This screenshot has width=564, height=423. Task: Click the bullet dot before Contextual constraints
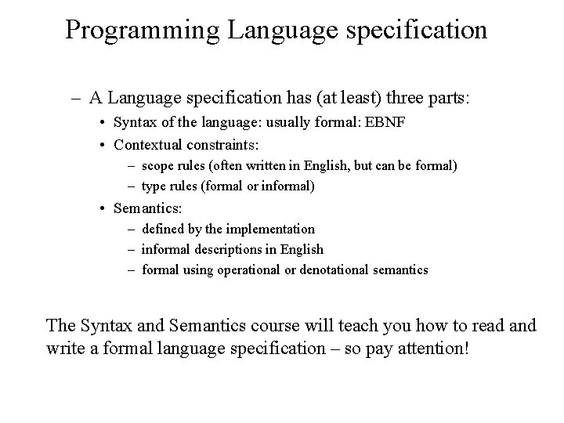[x=103, y=145]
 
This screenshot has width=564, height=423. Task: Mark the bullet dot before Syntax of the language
[x=103, y=123]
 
